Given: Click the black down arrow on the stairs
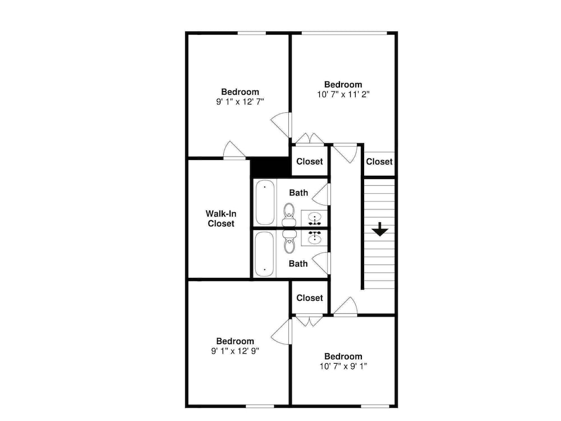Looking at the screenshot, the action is click(380, 229).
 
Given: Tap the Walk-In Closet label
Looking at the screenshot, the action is click(220, 218).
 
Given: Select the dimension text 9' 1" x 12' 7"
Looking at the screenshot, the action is click(240, 102).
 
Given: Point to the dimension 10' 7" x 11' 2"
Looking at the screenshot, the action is click(343, 94).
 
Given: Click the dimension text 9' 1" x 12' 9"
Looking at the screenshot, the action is click(235, 351).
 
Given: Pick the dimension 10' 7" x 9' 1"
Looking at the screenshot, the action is click(343, 366).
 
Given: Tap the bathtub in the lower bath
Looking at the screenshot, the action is click(265, 254).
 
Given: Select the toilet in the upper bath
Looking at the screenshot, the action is click(289, 214).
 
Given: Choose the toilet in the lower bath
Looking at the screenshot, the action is click(289, 241).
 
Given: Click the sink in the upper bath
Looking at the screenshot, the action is click(315, 218).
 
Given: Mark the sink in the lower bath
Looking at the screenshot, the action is click(315, 237).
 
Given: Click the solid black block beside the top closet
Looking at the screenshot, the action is click(270, 167).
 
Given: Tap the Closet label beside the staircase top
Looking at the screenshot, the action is click(379, 162).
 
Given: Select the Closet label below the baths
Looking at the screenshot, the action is click(310, 298).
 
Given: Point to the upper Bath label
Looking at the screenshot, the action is click(298, 193).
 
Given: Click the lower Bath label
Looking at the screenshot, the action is click(298, 264).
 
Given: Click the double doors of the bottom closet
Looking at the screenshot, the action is click(310, 321).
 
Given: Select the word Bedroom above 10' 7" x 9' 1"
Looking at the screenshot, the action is click(343, 356).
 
